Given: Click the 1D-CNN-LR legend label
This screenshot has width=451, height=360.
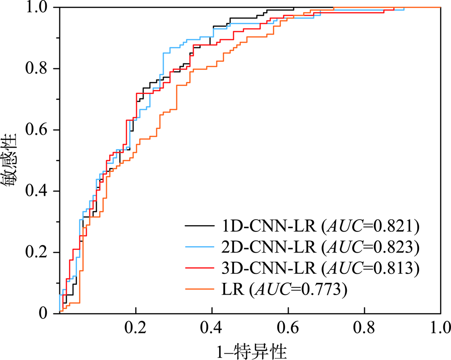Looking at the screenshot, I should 267,225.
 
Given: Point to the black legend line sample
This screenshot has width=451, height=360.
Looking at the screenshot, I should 200,225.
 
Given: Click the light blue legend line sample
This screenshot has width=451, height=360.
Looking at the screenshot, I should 200,246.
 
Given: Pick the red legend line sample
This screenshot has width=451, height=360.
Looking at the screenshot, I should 200,268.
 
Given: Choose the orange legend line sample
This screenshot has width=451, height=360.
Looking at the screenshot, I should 200,290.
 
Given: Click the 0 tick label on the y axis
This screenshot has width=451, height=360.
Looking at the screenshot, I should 44,313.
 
